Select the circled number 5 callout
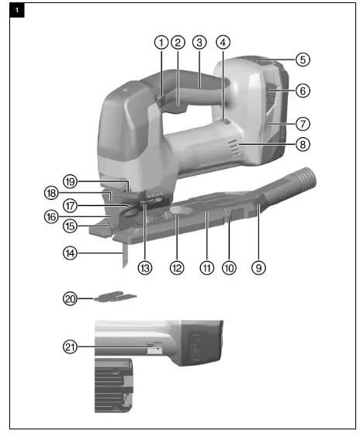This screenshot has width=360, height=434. [x=303, y=59]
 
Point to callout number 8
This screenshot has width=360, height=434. [x=303, y=143]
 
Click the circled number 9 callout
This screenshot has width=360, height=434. [x=259, y=267]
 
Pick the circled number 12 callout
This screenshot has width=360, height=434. [x=177, y=267]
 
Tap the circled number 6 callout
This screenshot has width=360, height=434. [x=303, y=91]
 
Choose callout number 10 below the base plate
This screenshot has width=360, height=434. [x=230, y=267]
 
